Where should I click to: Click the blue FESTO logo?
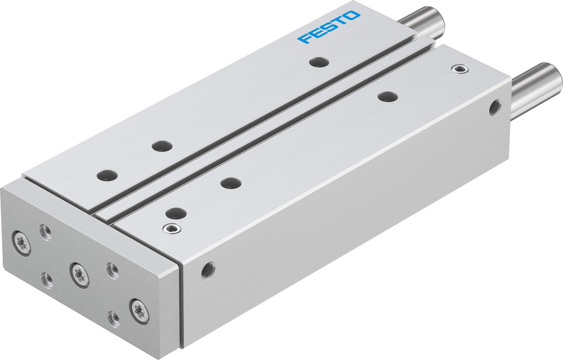tap(329, 27)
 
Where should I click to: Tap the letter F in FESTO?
tap(306, 38)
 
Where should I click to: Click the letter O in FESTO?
tap(352, 16)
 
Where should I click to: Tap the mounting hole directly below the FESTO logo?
tap(319, 62)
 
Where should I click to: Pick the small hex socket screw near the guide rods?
tap(460, 69)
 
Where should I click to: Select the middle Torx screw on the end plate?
tap(79, 273)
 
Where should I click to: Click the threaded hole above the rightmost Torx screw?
tap(113, 270)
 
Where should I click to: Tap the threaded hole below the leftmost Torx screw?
tap(48, 279)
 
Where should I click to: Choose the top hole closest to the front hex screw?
tap(176, 213)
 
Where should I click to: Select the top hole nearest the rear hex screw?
tap(387, 97)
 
